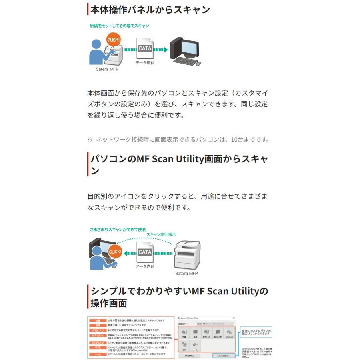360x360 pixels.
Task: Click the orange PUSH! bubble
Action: click(x=114, y=40)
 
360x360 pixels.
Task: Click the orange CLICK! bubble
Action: click(x=115, y=252)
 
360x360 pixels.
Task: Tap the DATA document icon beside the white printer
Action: click(x=144, y=253)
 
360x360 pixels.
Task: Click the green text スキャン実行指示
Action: click(x=161, y=235)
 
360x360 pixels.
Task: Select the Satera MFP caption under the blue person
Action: click(x=107, y=69)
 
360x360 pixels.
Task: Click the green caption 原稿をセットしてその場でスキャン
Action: click(x=119, y=26)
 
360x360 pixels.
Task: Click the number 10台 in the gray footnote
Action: click(x=236, y=140)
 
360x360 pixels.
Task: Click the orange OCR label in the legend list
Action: click(x=98, y=348)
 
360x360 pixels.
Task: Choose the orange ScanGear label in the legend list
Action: click(x=98, y=343)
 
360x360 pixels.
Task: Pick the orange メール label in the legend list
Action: click(x=98, y=354)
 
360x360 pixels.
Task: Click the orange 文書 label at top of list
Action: click(x=98, y=321)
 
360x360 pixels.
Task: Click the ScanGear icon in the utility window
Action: click(x=229, y=334)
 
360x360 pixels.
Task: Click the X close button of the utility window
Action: click(x=233, y=318)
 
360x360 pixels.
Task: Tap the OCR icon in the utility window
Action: click(x=184, y=346)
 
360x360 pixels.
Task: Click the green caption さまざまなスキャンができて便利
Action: click(x=118, y=230)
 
